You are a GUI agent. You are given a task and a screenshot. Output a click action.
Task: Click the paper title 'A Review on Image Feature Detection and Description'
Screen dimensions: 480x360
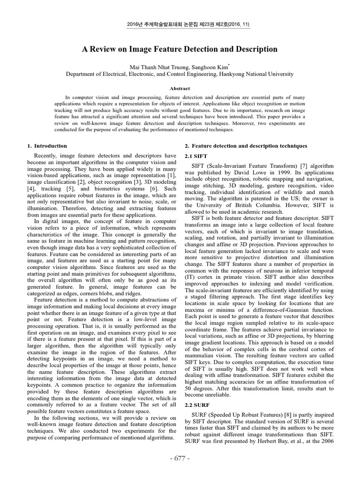pos(180,49)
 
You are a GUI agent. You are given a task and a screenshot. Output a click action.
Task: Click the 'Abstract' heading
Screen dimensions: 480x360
pos(180,88)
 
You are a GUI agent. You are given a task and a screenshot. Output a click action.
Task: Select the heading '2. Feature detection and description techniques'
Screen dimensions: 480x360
pos(246,146)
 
